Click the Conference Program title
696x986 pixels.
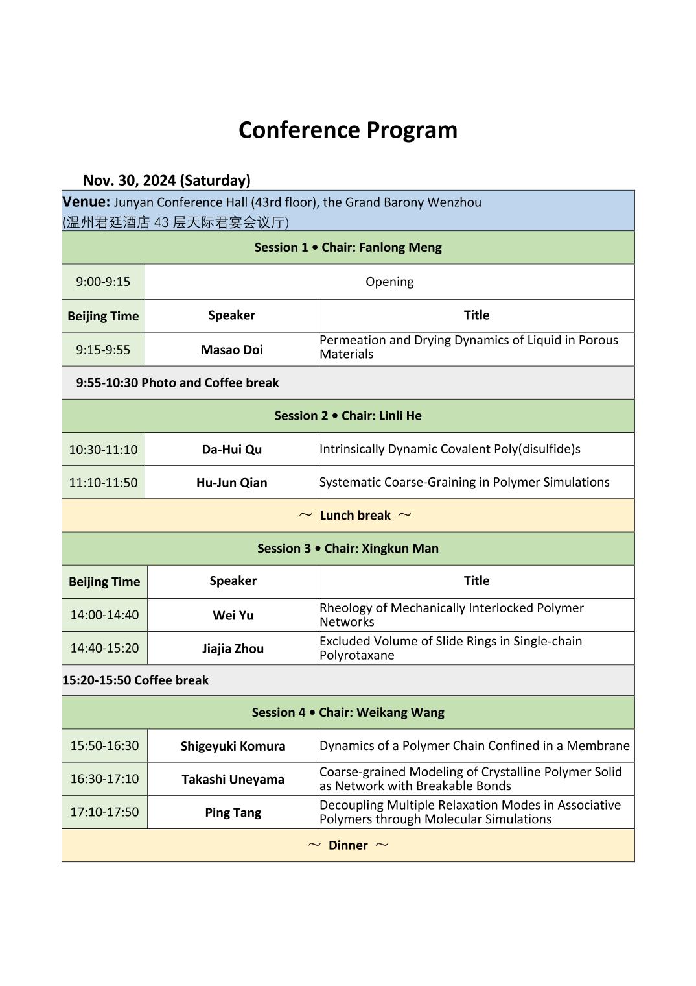pyautogui.click(x=347, y=130)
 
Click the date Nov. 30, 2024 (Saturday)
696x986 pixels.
pyautogui.click(x=167, y=180)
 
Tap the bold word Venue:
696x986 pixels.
pyautogui.click(x=86, y=202)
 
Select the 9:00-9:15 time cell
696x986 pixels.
pyautogui.click(x=103, y=282)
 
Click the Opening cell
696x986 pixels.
pyautogui.click(x=389, y=282)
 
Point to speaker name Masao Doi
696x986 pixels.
pyautogui.click(x=231, y=350)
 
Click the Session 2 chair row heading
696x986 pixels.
pyautogui.click(x=347, y=416)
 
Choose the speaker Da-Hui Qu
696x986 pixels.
pyautogui.click(x=231, y=450)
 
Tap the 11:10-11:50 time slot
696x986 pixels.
pyautogui.click(x=103, y=483)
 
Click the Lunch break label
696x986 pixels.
pyautogui.click(x=354, y=516)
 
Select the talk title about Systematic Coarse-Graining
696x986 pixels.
pyautogui.click(x=464, y=482)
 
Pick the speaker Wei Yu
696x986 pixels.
pyautogui.click(x=233, y=616)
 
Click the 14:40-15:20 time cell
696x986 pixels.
pyautogui.click(x=104, y=648)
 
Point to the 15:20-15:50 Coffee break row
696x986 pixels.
pyautogui.click(x=135, y=680)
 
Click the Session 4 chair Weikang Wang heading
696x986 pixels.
pyautogui.click(x=347, y=712)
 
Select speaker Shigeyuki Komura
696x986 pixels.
pyautogui.click(x=233, y=746)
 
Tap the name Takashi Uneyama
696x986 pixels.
pyautogui.click(x=233, y=779)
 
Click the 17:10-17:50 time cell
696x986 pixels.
pyautogui.click(x=104, y=812)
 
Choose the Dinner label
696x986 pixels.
pyautogui.click(x=347, y=845)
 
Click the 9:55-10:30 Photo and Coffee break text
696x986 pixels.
pyautogui.click(x=177, y=383)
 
